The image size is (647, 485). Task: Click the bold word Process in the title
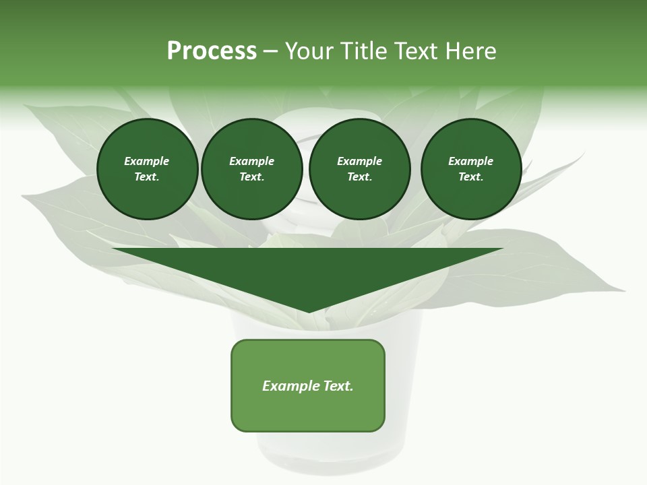click(212, 51)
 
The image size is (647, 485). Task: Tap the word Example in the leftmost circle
click(147, 161)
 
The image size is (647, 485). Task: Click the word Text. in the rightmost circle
click(470, 176)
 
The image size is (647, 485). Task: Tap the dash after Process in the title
click(271, 51)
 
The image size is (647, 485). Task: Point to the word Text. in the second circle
click(251, 176)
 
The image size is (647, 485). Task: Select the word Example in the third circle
click(359, 161)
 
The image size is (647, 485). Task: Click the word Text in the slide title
click(414, 51)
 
